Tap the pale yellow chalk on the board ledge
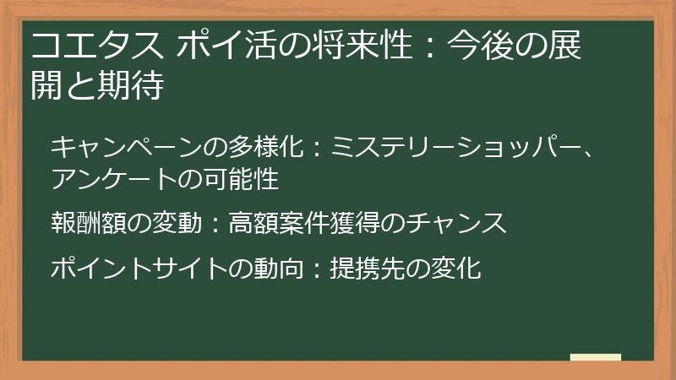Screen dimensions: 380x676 596,357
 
